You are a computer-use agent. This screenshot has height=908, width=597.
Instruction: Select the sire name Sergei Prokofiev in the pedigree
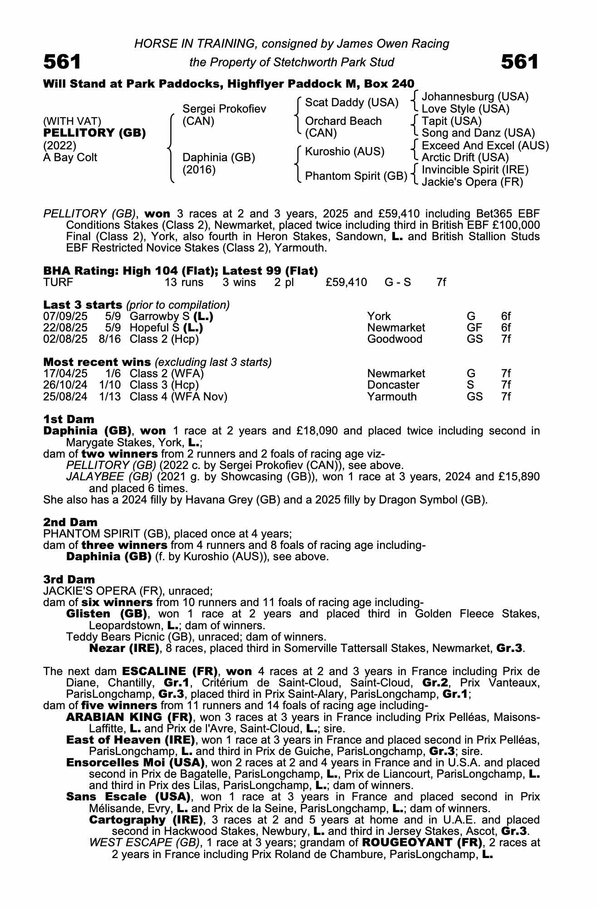pos(224,109)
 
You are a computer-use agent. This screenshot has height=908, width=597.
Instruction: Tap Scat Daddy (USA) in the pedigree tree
pos(351,103)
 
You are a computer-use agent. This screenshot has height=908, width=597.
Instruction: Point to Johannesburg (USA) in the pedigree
pos(475,97)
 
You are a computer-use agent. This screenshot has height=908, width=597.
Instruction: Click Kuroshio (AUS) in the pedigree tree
pos(345,152)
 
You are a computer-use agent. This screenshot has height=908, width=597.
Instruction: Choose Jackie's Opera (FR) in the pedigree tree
pos(472,182)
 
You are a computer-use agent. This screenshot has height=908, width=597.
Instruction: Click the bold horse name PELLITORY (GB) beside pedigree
pos(94,133)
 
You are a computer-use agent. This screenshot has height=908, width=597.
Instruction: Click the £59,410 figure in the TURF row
pos(346,282)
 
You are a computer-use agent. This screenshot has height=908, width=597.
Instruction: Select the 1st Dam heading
pos(69,419)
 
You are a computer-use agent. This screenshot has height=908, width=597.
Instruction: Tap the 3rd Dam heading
pos(69,579)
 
